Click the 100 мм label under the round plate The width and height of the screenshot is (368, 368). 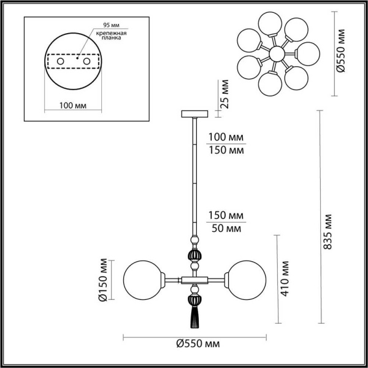tap(73, 105)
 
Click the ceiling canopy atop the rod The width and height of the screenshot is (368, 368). tap(196, 113)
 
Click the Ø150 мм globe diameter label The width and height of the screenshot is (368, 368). tap(102, 280)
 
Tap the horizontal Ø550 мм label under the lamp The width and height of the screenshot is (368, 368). tap(195, 345)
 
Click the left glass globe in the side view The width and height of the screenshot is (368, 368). tap(142, 280)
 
